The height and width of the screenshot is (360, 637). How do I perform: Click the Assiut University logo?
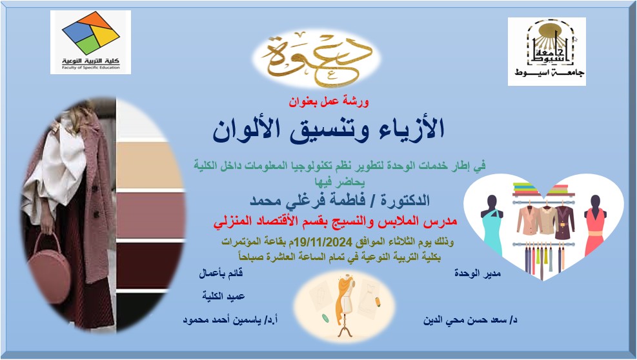click(x=547, y=51)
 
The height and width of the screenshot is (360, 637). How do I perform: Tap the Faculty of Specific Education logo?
click(x=90, y=42)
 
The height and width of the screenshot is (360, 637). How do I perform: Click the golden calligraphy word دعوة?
click(x=316, y=59)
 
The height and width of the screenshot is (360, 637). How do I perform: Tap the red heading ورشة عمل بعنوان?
click(x=329, y=101)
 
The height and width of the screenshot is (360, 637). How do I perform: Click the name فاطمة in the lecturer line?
click(x=344, y=200)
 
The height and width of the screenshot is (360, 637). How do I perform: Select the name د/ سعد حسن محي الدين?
click(x=470, y=320)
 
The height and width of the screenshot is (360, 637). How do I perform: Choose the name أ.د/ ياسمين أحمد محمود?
click(x=230, y=320)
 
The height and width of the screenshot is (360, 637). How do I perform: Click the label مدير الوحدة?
click(x=478, y=274)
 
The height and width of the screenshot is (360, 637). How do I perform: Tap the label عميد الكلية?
click(x=223, y=296)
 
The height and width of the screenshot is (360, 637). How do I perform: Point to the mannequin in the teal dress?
click(x=492, y=226)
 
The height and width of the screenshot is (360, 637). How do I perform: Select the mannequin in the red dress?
click(x=595, y=226)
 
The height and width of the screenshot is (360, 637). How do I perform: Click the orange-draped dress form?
click(x=345, y=306)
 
